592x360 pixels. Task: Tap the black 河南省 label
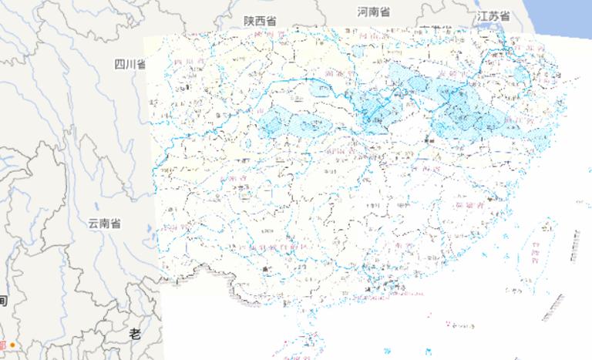point(374,12)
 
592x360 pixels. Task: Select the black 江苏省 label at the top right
point(493,16)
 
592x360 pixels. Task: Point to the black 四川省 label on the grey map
point(129,64)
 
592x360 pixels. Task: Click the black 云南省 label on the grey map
point(103,224)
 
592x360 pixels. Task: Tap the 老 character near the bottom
point(135,334)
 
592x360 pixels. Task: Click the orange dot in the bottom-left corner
point(12,345)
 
